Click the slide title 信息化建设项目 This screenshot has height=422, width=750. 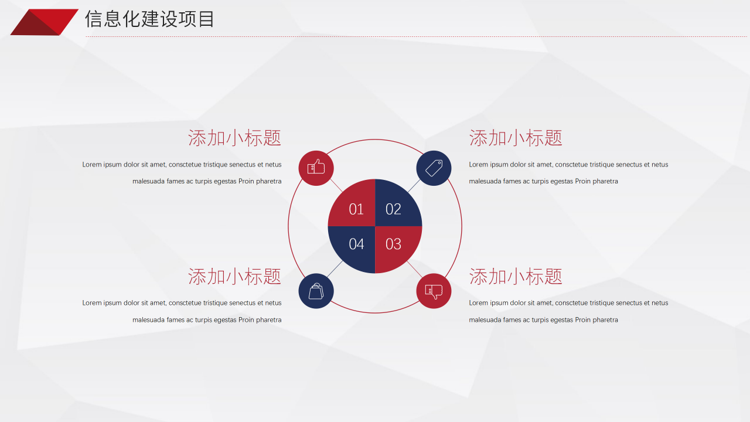coord(150,19)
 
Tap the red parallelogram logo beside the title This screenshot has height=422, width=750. coord(44,22)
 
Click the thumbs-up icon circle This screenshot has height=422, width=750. coord(316,168)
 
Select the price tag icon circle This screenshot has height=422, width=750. coord(434,168)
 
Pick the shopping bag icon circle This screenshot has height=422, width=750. coord(316,291)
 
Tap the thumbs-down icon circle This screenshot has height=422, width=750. coord(434,291)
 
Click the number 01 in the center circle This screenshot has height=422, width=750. coord(356,209)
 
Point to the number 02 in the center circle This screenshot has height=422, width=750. coord(393,209)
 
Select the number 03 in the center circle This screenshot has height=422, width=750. coord(393,244)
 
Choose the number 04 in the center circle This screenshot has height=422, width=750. coord(356,244)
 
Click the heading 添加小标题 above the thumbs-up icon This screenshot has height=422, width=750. coord(234,138)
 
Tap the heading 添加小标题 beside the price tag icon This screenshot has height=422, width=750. coord(516,138)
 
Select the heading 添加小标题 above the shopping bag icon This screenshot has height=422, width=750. coord(234,277)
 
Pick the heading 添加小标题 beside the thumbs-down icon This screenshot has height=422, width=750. coord(516,277)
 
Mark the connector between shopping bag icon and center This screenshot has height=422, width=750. coord(335,269)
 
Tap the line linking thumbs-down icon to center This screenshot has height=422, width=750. coord(414,269)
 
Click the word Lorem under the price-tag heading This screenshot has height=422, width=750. coord(479,165)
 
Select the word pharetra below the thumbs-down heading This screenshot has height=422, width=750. coord(605,320)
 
